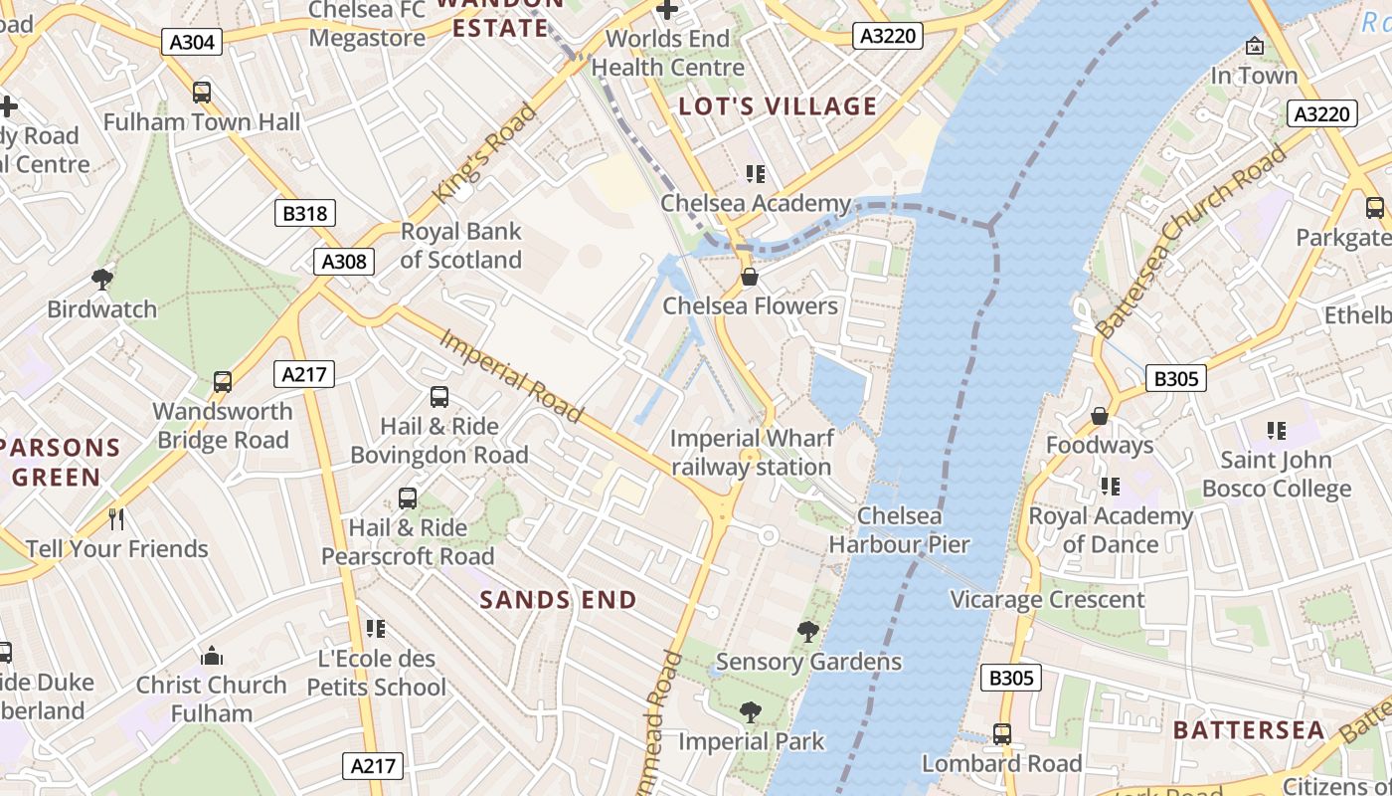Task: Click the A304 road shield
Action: pyautogui.click(x=190, y=41)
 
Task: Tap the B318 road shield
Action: pyautogui.click(x=305, y=213)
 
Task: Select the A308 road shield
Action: pyautogui.click(x=344, y=262)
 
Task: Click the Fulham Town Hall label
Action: pyautogui.click(x=202, y=122)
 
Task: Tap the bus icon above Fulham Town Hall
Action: pyautogui.click(x=202, y=93)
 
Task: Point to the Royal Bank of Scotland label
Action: pyautogui.click(x=460, y=246)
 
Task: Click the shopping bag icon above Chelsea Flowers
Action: pyautogui.click(x=750, y=277)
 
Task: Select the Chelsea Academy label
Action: pyautogui.click(x=756, y=204)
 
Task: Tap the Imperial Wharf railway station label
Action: pyautogui.click(x=752, y=453)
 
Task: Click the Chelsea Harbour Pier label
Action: pyautogui.click(x=899, y=530)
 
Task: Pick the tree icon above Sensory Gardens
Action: pyautogui.click(x=808, y=631)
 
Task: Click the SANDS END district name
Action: pyautogui.click(x=558, y=600)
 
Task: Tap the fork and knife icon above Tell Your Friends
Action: pyautogui.click(x=116, y=518)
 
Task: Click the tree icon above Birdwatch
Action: pyautogui.click(x=101, y=279)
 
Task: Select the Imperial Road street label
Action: pyautogui.click(x=511, y=375)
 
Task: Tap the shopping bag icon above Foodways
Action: pyautogui.click(x=1100, y=415)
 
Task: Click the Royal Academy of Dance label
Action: pyautogui.click(x=1110, y=530)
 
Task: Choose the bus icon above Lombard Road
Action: pyautogui.click(x=1001, y=734)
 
